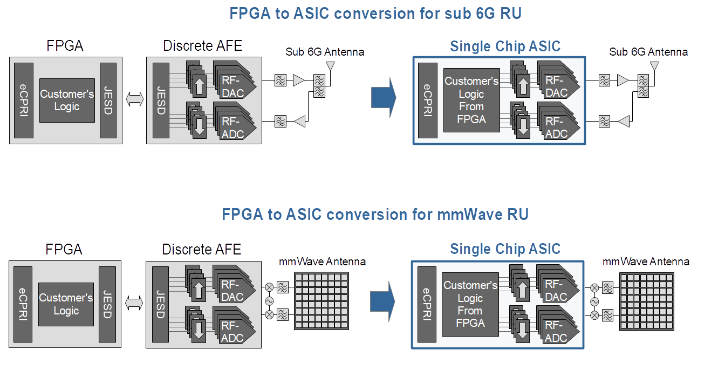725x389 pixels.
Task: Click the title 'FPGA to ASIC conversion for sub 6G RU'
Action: tap(375, 14)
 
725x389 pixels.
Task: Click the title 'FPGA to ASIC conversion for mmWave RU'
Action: tap(375, 214)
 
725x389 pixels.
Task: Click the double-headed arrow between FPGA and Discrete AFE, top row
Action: tap(134, 99)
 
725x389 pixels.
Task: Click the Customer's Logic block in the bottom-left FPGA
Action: tap(66, 304)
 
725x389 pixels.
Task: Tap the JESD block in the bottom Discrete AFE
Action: tap(160, 304)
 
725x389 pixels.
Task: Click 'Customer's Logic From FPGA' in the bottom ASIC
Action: tap(470, 304)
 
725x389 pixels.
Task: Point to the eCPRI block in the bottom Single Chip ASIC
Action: tap(426, 304)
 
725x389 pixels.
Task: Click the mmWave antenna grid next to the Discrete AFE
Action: tap(322, 300)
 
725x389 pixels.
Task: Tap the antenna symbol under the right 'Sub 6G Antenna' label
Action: tap(654, 66)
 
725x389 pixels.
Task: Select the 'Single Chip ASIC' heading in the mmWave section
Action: tap(505, 249)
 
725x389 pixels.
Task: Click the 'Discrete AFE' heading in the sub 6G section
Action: tap(203, 46)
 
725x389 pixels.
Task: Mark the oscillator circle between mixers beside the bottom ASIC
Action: tap(594, 301)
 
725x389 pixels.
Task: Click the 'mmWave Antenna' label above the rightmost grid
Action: tap(646, 261)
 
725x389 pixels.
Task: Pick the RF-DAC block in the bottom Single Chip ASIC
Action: tap(556, 291)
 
